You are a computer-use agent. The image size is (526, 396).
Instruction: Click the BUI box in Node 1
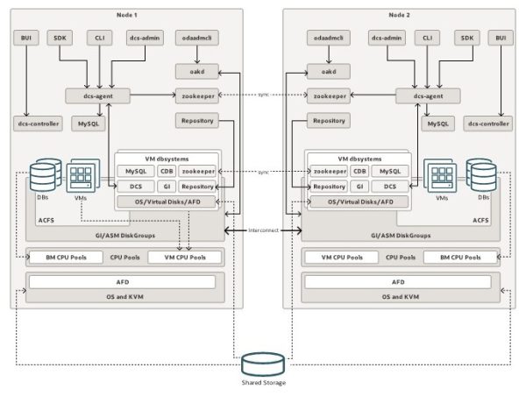pos(26,38)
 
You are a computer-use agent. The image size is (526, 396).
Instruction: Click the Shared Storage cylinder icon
pos(263,363)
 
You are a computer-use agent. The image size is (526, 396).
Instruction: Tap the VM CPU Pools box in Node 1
pos(178,258)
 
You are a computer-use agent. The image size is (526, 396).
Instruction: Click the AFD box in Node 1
pos(123,282)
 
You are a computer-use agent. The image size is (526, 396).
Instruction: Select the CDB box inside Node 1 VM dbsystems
pos(167,171)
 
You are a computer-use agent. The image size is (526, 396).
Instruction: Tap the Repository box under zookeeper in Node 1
pos(195,120)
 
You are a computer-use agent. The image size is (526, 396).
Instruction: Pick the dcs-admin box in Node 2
pos(386,38)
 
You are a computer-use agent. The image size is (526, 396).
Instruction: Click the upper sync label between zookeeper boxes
pos(263,94)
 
